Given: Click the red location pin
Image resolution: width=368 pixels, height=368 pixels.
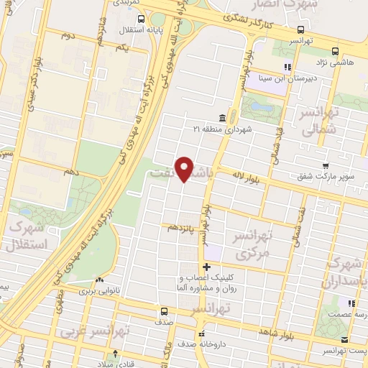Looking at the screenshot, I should (x=185, y=169).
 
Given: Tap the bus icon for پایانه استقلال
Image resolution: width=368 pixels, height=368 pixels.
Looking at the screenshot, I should (x=141, y=19).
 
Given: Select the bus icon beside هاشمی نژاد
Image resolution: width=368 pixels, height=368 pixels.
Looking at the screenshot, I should (x=336, y=51).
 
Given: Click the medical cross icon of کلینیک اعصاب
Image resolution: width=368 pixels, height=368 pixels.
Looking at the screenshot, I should (x=206, y=267).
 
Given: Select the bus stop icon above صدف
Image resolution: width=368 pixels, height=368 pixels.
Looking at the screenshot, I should (x=165, y=311).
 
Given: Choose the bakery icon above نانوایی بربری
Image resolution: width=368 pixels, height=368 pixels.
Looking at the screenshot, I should (x=100, y=280).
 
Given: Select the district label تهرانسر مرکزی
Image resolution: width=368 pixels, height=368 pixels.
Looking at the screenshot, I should (x=252, y=245).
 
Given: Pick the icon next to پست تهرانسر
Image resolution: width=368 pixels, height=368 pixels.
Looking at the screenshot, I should (x=345, y=339).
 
